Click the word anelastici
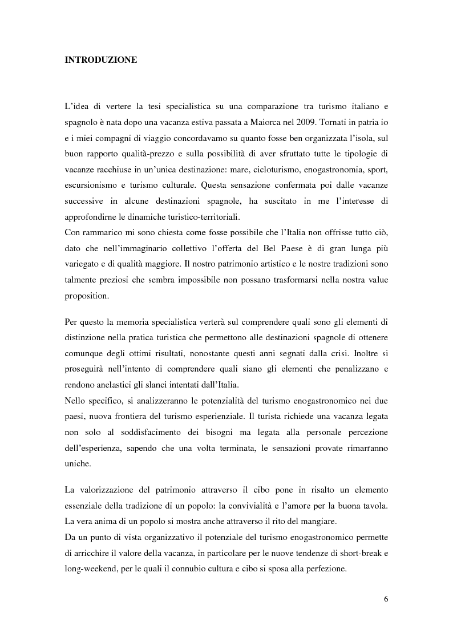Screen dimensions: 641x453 coord(119,385)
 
